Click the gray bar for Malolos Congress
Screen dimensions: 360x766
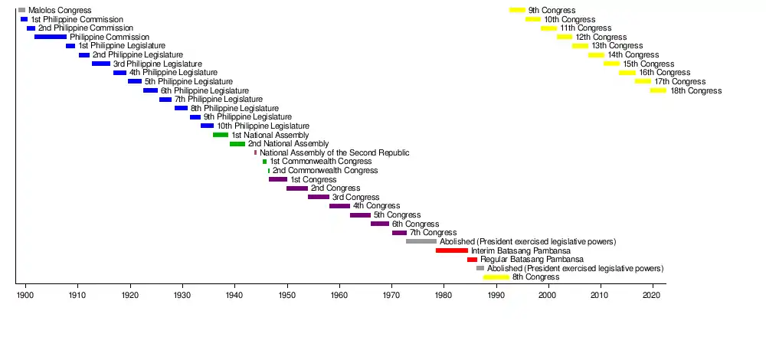point(21,10)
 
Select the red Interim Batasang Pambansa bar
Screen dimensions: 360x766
point(452,250)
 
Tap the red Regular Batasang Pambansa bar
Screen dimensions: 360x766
point(472,260)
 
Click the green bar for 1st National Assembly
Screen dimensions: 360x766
point(221,135)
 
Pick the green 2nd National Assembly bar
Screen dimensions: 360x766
point(237,144)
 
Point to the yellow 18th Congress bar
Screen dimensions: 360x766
point(658,90)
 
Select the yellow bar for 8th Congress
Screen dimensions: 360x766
point(496,277)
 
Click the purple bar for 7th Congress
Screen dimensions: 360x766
point(399,233)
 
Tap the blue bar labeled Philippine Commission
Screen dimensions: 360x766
point(51,37)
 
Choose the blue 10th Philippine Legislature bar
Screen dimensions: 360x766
point(207,126)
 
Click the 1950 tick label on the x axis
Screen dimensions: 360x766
point(286,295)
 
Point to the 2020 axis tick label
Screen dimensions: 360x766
point(652,295)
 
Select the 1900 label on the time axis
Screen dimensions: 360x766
point(26,295)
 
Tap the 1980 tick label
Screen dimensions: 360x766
point(444,295)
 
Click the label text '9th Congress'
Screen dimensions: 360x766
point(551,10)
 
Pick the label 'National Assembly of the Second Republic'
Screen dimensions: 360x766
point(334,153)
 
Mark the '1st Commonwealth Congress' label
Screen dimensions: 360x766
point(321,162)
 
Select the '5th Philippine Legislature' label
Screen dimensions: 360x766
point(188,81)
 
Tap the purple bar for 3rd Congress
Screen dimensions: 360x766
point(319,197)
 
